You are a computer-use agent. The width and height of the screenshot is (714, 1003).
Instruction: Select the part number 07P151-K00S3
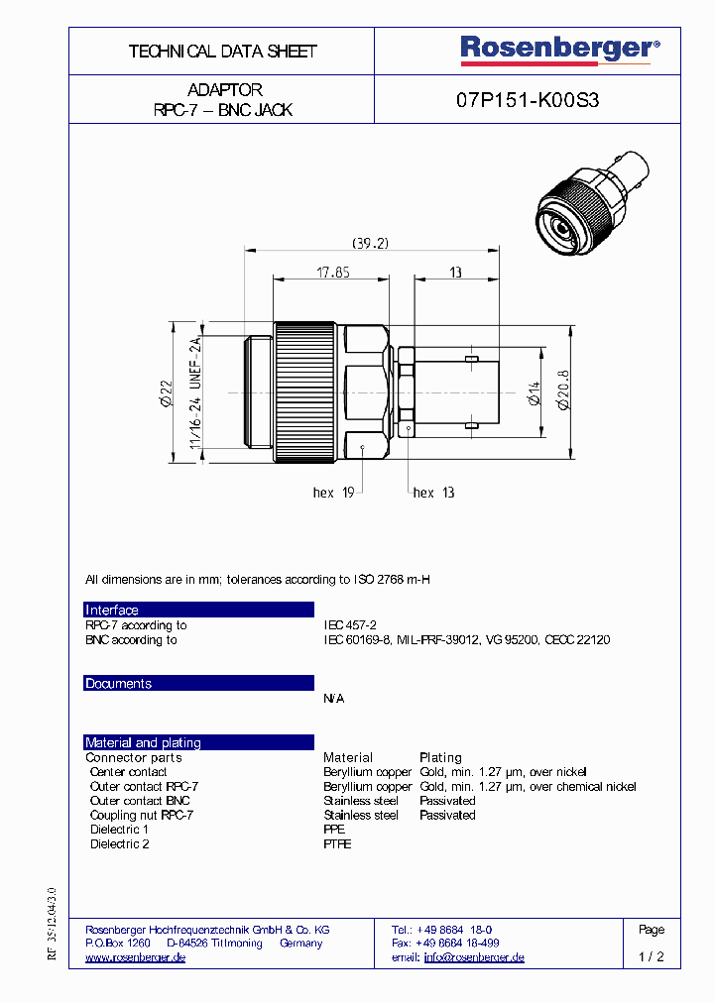point(527,100)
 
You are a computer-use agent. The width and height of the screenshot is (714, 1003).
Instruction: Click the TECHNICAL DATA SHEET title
point(222,52)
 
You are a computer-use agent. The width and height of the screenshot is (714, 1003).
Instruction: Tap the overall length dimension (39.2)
point(370,243)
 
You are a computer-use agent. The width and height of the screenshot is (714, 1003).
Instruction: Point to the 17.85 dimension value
point(333,273)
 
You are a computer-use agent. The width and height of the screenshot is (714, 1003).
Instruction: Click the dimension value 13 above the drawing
point(455,273)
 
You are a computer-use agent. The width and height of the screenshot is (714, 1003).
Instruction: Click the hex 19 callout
point(334,493)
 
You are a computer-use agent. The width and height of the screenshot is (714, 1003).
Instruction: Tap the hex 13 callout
point(433,493)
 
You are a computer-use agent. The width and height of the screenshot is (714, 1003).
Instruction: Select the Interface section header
point(112,611)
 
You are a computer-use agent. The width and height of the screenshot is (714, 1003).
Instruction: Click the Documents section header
point(119,684)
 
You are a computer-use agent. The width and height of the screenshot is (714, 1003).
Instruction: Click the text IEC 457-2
point(350,625)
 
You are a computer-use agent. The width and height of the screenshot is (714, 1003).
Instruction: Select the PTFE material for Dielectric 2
point(337,844)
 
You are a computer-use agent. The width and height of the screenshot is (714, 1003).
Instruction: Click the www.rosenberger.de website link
point(136,957)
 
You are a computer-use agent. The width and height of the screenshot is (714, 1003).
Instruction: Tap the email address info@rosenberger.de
point(473,957)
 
